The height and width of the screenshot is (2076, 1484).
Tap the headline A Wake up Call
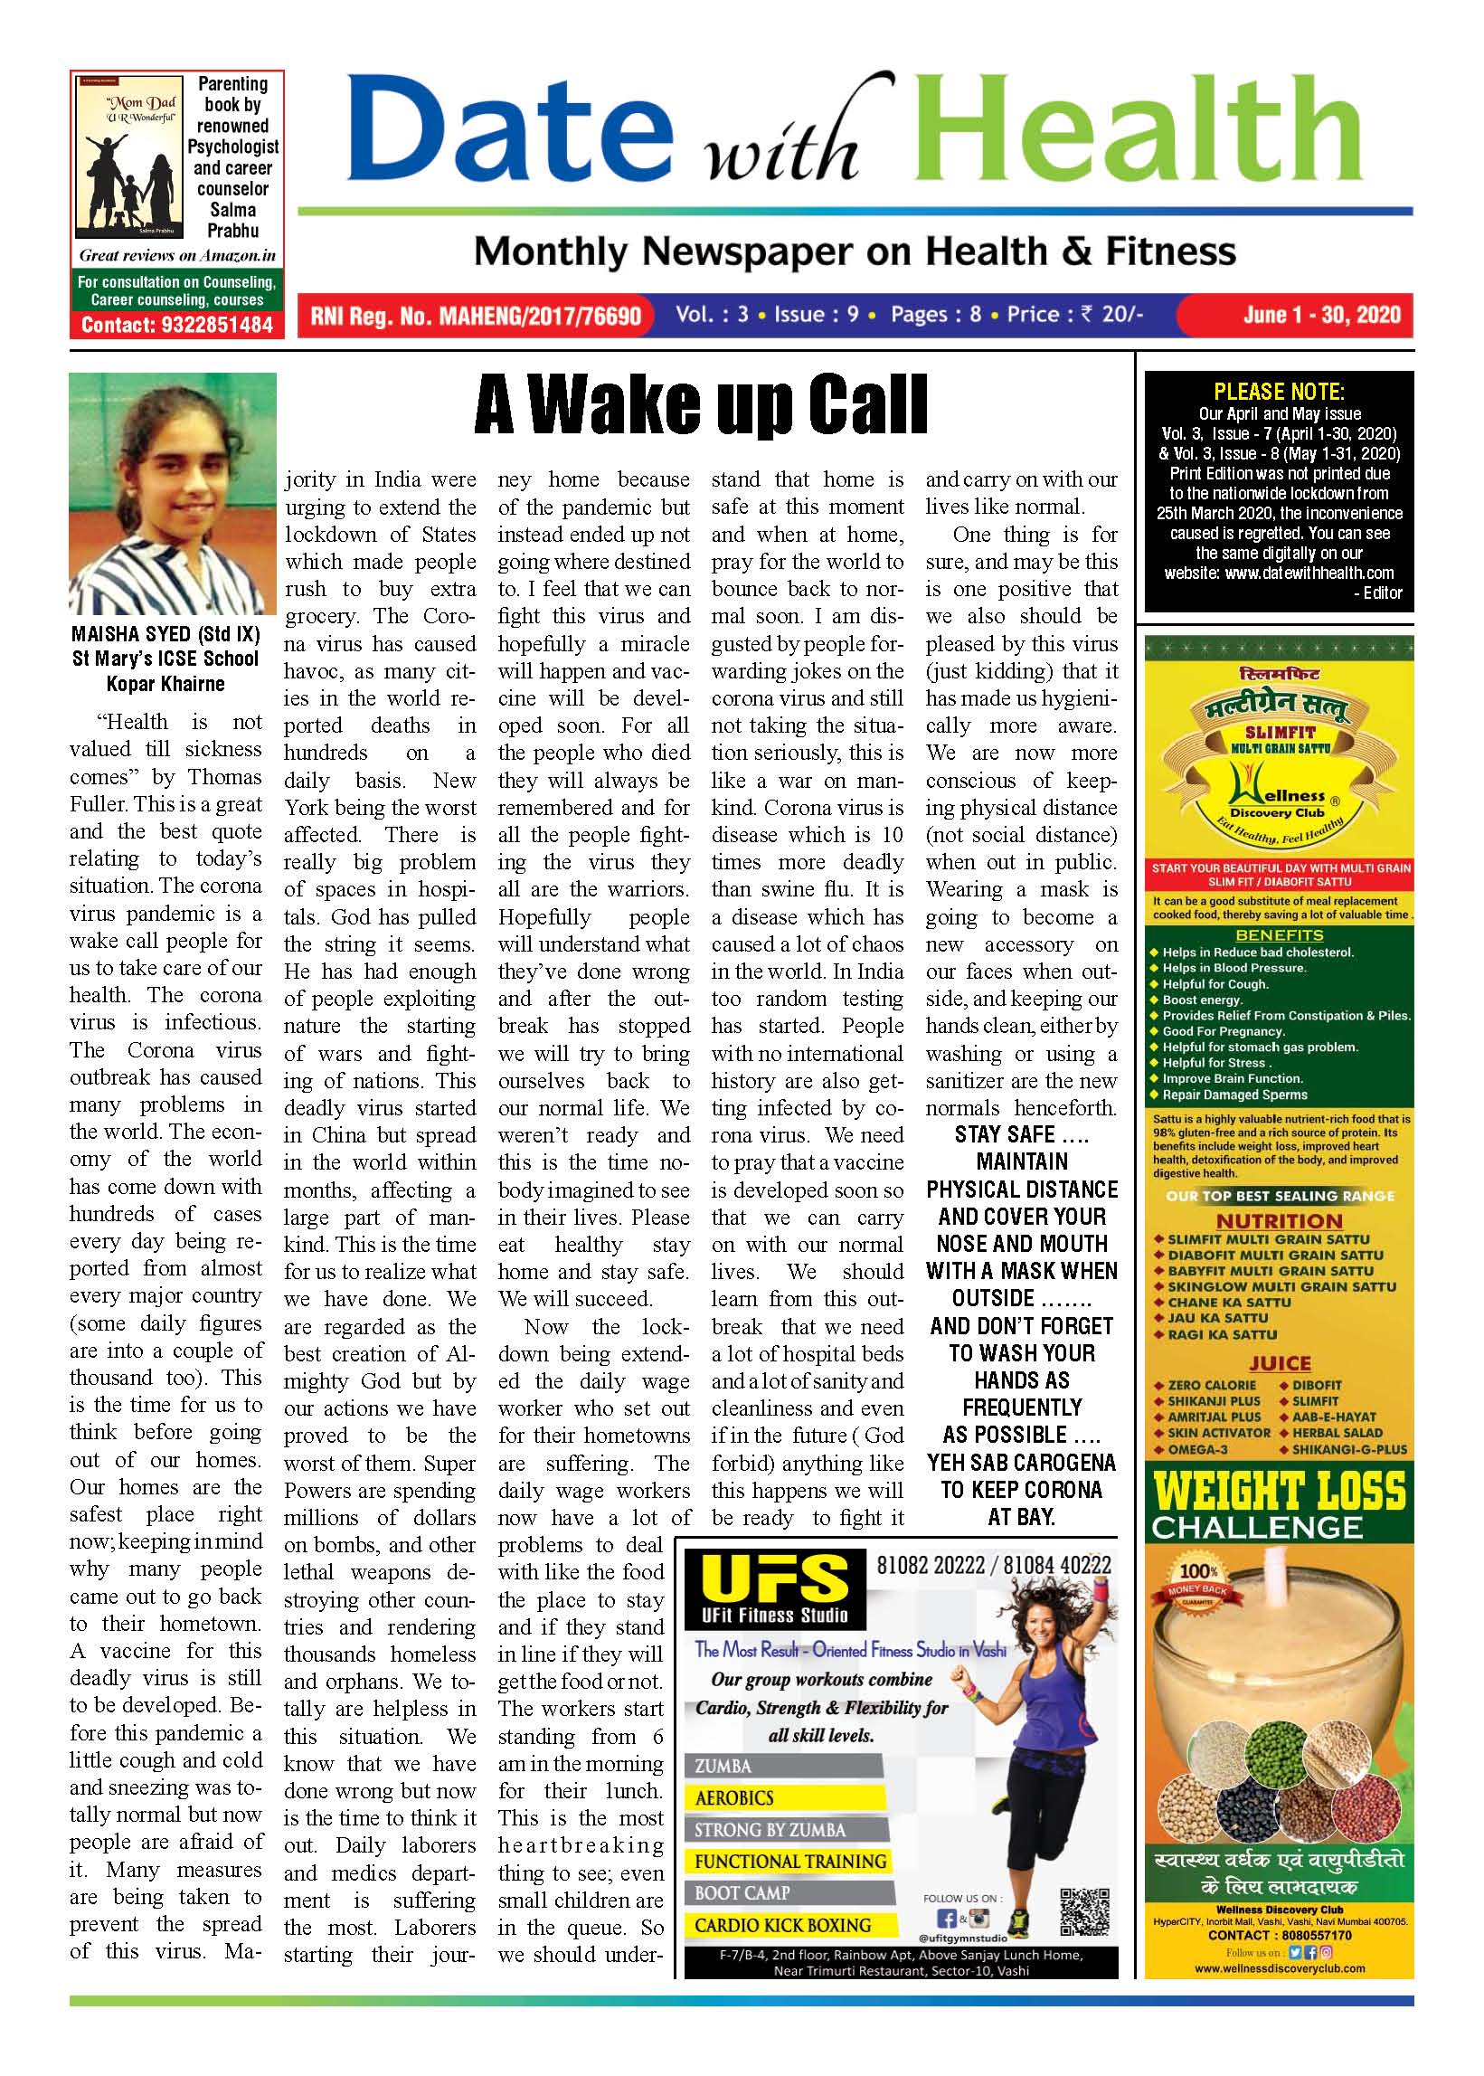(701, 405)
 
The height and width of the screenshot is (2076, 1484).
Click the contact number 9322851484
(176, 325)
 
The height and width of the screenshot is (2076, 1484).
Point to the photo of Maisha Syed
(173, 494)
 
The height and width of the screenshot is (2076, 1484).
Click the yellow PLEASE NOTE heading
(1279, 393)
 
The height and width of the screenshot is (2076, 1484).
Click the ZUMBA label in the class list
(723, 1766)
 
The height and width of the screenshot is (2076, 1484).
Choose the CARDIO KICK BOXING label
(782, 1925)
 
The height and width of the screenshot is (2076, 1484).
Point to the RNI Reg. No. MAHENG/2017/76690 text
(475, 317)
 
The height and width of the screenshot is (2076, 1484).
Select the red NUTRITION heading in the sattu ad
(1279, 1221)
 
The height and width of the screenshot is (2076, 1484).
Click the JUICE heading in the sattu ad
(1280, 1364)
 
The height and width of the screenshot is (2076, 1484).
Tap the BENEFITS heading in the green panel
(1279, 935)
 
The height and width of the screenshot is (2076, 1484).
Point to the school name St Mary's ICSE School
(165, 659)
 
